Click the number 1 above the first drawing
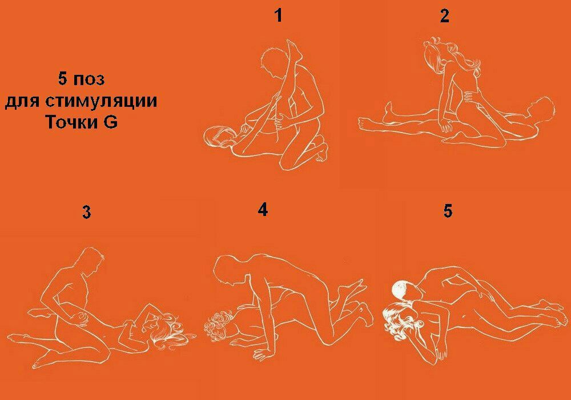pos(279,15)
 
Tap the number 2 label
pos(444,16)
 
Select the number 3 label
pos(86,212)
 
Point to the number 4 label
pos(263,210)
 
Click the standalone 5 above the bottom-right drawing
pos(448,211)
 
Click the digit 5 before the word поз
pos(63,78)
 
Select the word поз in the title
pos(89,80)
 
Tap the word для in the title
pos(23,102)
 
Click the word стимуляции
pos(102,101)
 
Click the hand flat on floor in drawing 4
pos(263,354)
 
